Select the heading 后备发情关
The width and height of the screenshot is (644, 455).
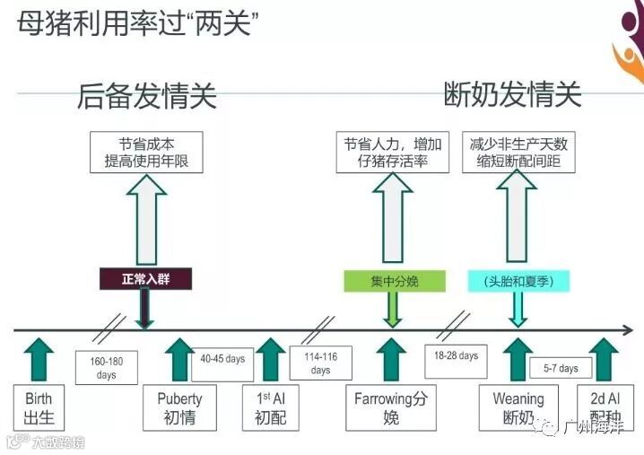pyautogui.click(x=147, y=96)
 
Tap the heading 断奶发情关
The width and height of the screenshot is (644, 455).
pyautogui.click(x=513, y=94)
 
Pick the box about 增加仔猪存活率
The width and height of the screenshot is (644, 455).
pyautogui.click(x=391, y=153)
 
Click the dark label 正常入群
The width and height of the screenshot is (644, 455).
pyautogui.click(x=144, y=279)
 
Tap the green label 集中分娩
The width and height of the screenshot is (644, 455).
pyautogui.click(x=394, y=281)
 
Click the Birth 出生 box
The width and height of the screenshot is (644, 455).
pyautogui.click(x=39, y=407)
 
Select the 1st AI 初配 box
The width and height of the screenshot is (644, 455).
pyautogui.click(x=271, y=407)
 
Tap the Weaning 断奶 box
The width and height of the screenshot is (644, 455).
pyautogui.click(x=518, y=407)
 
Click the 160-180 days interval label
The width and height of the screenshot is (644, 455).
pyautogui.click(x=106, y=368)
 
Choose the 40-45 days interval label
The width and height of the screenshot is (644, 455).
pyautogui.click(x=222, y=360)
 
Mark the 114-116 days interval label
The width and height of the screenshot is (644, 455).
pyautogui.click(x=320, y=363)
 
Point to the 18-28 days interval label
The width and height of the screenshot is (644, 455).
pyautogui.click(x=455, y=356)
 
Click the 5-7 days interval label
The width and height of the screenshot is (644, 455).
pyautogui.click(x=561, y=368)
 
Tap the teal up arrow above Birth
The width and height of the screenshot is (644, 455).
pyautogui.click(x=39, y=357)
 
